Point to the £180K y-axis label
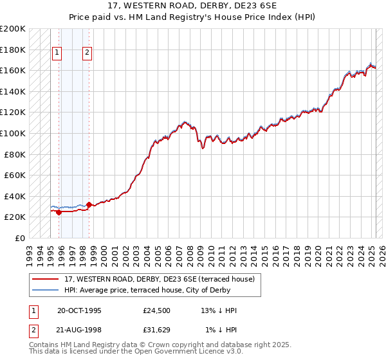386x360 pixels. click(14, 50)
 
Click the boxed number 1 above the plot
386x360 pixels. click(57, 53)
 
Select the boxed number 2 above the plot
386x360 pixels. click(87, 53)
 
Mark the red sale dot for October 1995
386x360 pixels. click(59, 212)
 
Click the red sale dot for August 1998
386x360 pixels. click(89, 204)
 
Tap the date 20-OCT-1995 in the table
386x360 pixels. click(79, 310)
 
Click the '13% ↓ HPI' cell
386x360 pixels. click(219, 310)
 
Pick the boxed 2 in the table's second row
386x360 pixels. click(33, 331)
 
